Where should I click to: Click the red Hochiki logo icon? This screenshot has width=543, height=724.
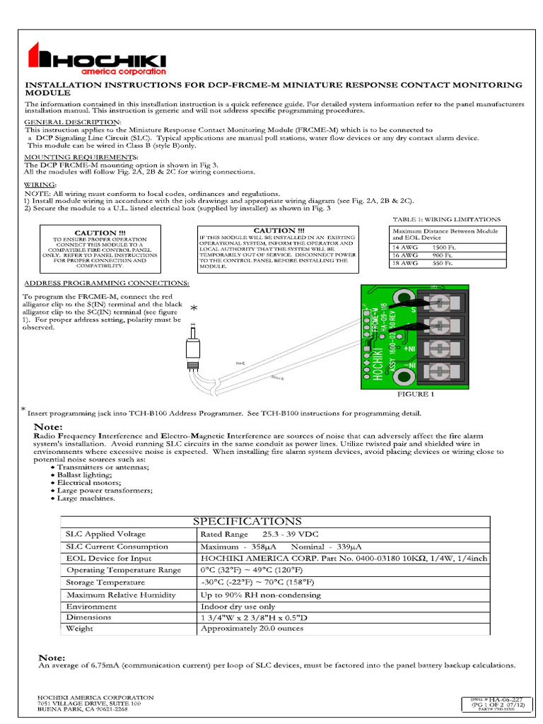click(37, 56)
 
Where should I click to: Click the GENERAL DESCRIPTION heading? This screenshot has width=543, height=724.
click(73, 122)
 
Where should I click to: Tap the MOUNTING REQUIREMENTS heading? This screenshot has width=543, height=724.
click(81, 156)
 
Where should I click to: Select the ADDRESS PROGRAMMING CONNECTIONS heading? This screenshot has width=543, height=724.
click(106, 283)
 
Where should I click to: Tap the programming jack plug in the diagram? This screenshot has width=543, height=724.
click(192, 349)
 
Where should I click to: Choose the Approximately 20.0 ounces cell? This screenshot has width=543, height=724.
click(252, 628)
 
